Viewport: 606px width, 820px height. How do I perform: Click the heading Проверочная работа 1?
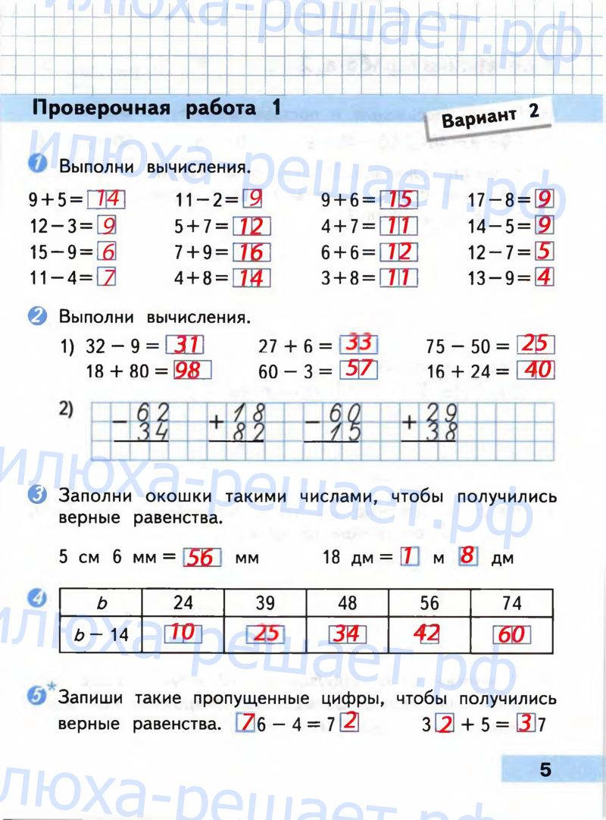(155, 108)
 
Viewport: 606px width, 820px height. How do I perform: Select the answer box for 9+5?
(106, 200)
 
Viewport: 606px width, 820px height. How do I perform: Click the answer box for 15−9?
(107, 252)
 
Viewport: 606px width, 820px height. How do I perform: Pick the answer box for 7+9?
(251, 252)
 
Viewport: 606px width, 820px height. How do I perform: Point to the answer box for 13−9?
(544, 277)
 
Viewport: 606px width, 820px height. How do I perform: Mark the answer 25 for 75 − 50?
(536, 345)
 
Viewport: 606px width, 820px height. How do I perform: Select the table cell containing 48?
(347, 602)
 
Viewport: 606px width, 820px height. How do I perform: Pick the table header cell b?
(102, 603)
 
